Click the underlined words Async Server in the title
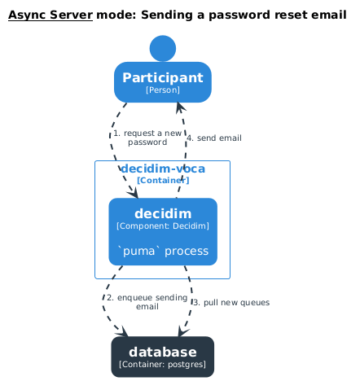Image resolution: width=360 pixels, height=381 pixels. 50,15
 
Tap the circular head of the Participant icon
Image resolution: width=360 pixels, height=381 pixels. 163,48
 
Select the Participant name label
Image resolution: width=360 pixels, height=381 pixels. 163,77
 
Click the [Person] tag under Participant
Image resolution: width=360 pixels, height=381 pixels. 163,90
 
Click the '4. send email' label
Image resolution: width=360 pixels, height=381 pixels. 214,138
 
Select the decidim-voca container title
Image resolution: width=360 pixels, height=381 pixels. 163,169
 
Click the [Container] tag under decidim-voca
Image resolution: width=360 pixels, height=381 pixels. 163,180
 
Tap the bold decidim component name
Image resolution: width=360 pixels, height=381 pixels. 163,213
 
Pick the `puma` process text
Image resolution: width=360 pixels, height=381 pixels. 163,251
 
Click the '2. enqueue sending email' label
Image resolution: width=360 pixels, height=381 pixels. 147,302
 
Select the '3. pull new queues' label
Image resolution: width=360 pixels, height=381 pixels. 231,302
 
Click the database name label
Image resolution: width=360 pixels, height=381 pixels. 163,352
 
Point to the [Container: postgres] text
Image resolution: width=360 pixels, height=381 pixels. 163,365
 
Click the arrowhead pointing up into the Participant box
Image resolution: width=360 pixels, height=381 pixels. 180,107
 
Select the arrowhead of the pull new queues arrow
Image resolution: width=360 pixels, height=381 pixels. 182,332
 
